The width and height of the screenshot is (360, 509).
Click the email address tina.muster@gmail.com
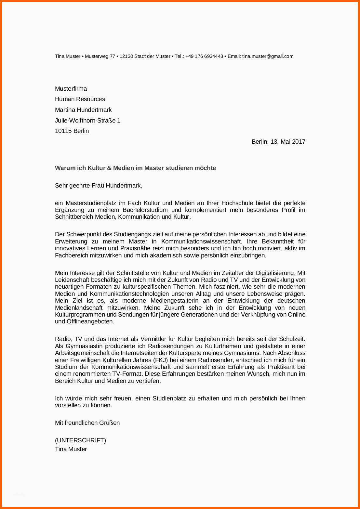(x=268, y=56)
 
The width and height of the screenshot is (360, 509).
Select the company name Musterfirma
(x=71, y=89)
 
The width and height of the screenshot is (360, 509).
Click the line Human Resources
(x=80, y=99)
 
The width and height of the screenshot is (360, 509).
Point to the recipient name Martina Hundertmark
(x=83, y=110)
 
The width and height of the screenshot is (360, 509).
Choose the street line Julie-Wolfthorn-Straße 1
(x=87, y=121)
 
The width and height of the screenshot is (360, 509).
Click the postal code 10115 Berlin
(x=72, y=131)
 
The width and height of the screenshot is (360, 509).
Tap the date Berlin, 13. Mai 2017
(x=278, y=142)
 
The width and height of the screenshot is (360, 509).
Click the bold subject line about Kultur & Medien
(x=135, y=168)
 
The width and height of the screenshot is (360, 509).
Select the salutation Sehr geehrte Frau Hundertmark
(x=99, y=186)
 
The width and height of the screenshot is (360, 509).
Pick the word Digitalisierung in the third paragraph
(x=275, y=273)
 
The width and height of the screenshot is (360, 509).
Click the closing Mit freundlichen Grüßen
(x=87, y=423)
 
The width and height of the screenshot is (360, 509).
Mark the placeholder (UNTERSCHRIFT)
(x=80, y=440)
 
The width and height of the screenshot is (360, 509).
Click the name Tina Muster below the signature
(x=71, y=449)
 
